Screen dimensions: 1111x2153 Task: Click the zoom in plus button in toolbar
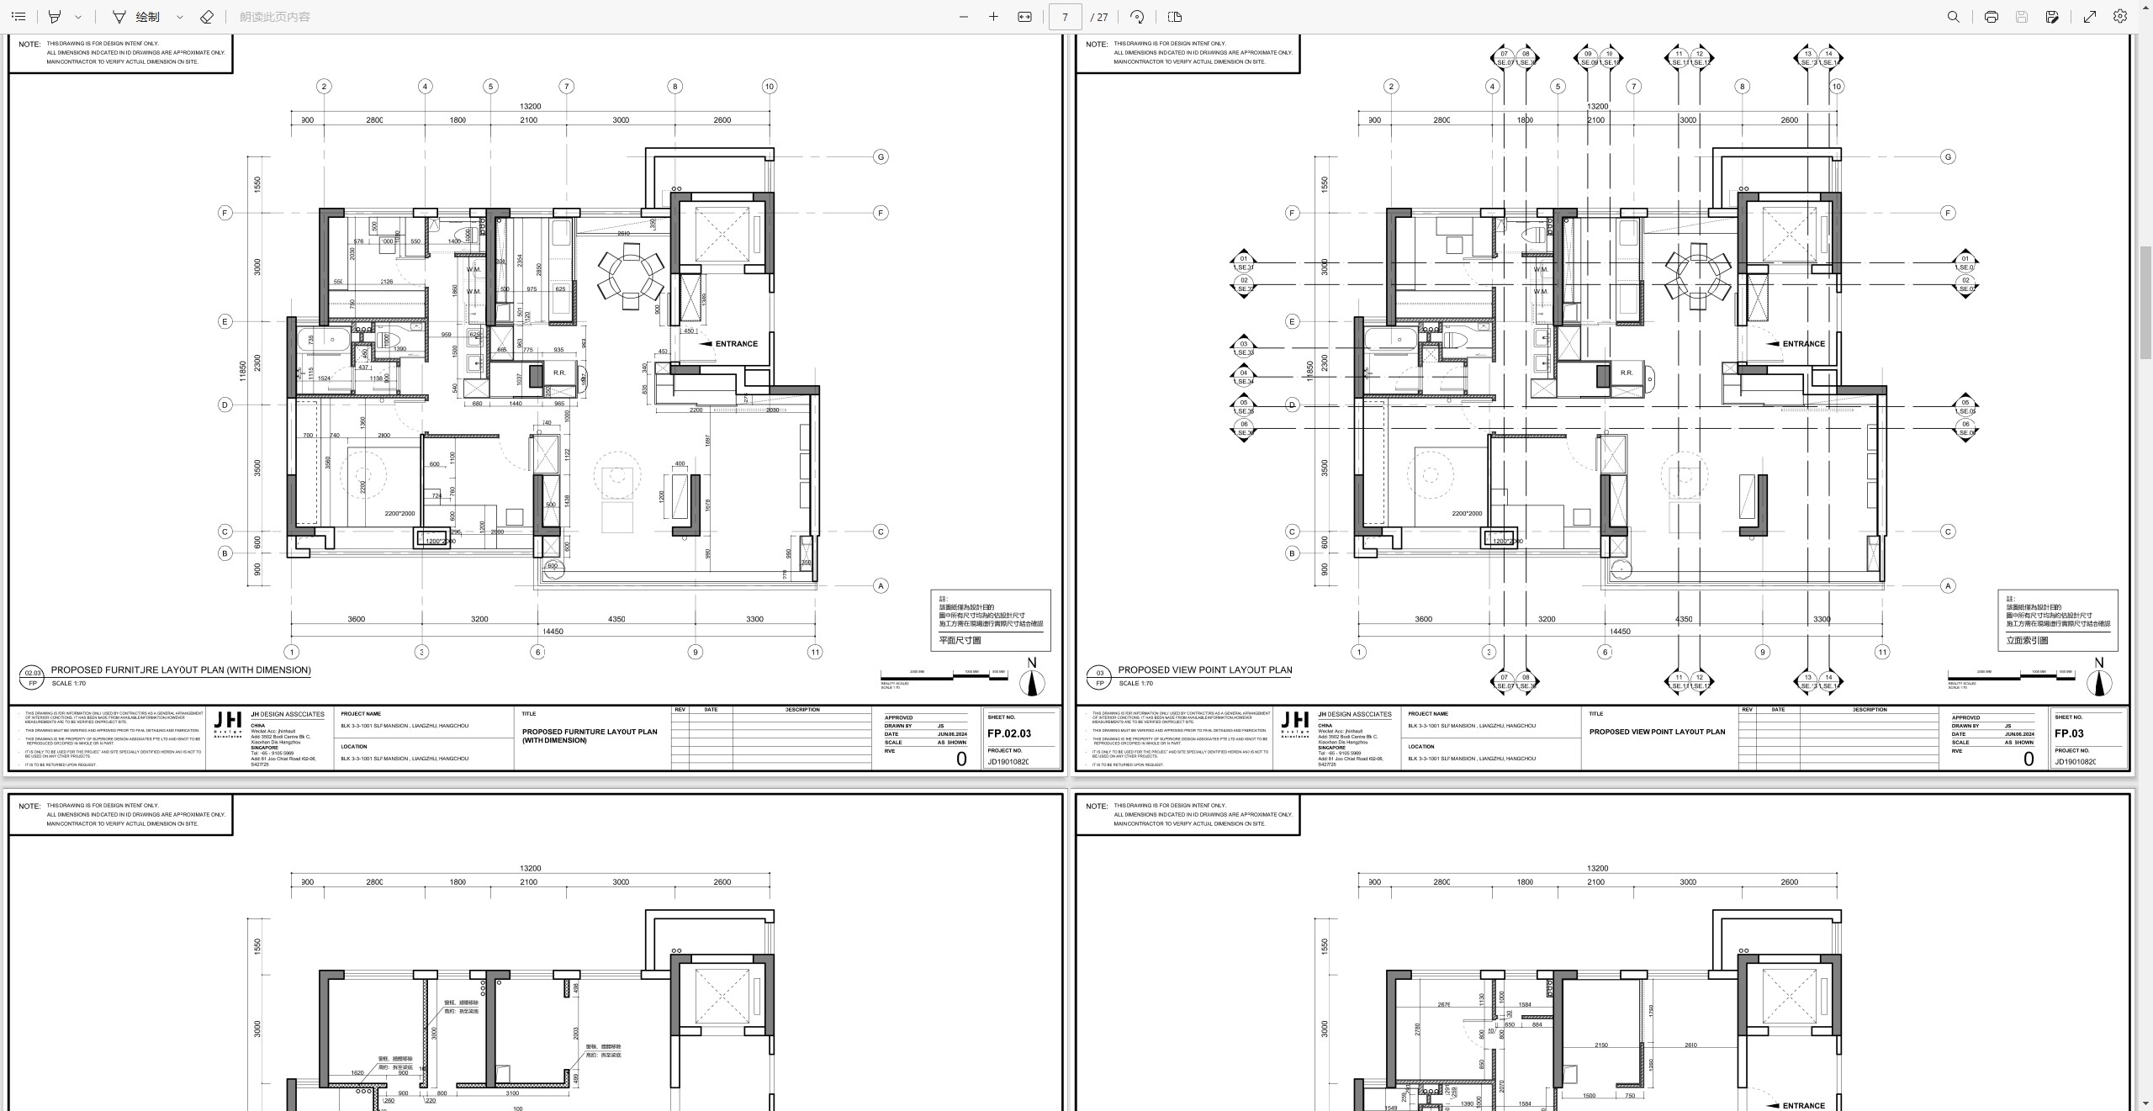tap(993, 17)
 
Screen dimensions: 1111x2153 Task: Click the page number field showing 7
tap(1065, 17)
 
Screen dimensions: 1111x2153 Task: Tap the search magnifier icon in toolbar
tap(1953, 17)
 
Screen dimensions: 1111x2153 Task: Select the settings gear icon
tap(2120, 17)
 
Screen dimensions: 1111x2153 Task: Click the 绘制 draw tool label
tap(147, 17)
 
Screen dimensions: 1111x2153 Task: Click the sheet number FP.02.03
tap(1008, 733)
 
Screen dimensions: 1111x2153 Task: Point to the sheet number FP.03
tap(2068, 733)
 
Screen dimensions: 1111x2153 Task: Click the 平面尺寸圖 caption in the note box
tap(960, 641)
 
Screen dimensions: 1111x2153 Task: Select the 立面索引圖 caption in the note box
tap(2027, 641)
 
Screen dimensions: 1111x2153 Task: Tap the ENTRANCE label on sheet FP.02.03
tap(736, 344)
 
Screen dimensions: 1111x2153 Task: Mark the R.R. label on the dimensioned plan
tap(559, 373)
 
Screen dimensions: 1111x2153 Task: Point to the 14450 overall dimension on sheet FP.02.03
tap(553, 632)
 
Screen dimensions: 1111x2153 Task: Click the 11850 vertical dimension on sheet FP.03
tap(1310, 371)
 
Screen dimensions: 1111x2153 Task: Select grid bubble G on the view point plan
tap(1948, 157)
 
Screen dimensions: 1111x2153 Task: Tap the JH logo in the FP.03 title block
tap(1294, 721)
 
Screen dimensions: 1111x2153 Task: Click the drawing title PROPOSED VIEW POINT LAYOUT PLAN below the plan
tap(1204, 670)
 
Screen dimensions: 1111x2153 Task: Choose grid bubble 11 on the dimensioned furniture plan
tap(814, 652)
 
